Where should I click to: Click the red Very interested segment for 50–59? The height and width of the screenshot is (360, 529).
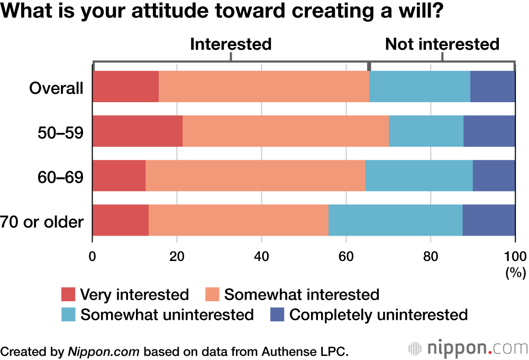(138, 131)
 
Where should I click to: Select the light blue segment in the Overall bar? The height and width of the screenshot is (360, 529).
(419, 86)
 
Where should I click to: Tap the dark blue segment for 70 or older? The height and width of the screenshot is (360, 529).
(489, 220)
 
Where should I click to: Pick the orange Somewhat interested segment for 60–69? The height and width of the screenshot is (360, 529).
(255, 175)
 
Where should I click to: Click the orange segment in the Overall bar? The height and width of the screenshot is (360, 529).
(263, 86)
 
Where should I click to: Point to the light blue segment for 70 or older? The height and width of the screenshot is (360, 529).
(395, 220)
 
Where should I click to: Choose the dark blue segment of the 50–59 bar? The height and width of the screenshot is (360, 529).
(489, 131)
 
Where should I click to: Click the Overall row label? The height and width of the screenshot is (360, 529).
(56, 87)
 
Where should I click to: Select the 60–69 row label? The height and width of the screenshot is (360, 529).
(60, 176)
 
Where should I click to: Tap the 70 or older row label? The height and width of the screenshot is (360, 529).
(42, 221)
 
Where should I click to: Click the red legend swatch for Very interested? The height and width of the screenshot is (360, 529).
(69, 295)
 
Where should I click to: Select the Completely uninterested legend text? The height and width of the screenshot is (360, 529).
(379, 315)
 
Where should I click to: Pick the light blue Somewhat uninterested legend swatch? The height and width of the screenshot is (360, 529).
(69, 315)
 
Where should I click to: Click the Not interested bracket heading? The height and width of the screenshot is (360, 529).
(442, 44)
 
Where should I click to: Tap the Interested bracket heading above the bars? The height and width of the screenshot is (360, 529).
(231, 44)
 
